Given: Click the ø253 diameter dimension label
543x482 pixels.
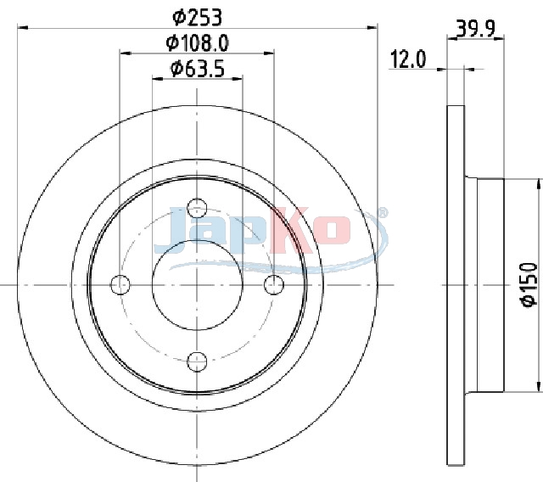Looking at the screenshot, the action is pos(197,18).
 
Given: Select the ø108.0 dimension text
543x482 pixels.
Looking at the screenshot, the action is pos(197,43).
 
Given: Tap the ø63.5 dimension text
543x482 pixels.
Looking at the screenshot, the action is pos(198,68).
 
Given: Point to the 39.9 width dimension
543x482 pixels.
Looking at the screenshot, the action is pos(475,29).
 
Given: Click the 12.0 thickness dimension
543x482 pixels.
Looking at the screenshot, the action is pos(408,59).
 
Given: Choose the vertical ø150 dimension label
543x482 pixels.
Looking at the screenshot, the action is pos(529,284).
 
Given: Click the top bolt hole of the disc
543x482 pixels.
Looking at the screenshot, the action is pos(197,208).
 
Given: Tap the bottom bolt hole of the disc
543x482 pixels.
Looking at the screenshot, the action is pos(197,361).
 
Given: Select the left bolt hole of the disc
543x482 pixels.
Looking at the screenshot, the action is pos(120,284).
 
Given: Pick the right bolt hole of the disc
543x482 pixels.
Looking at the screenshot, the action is pos(274,284).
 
